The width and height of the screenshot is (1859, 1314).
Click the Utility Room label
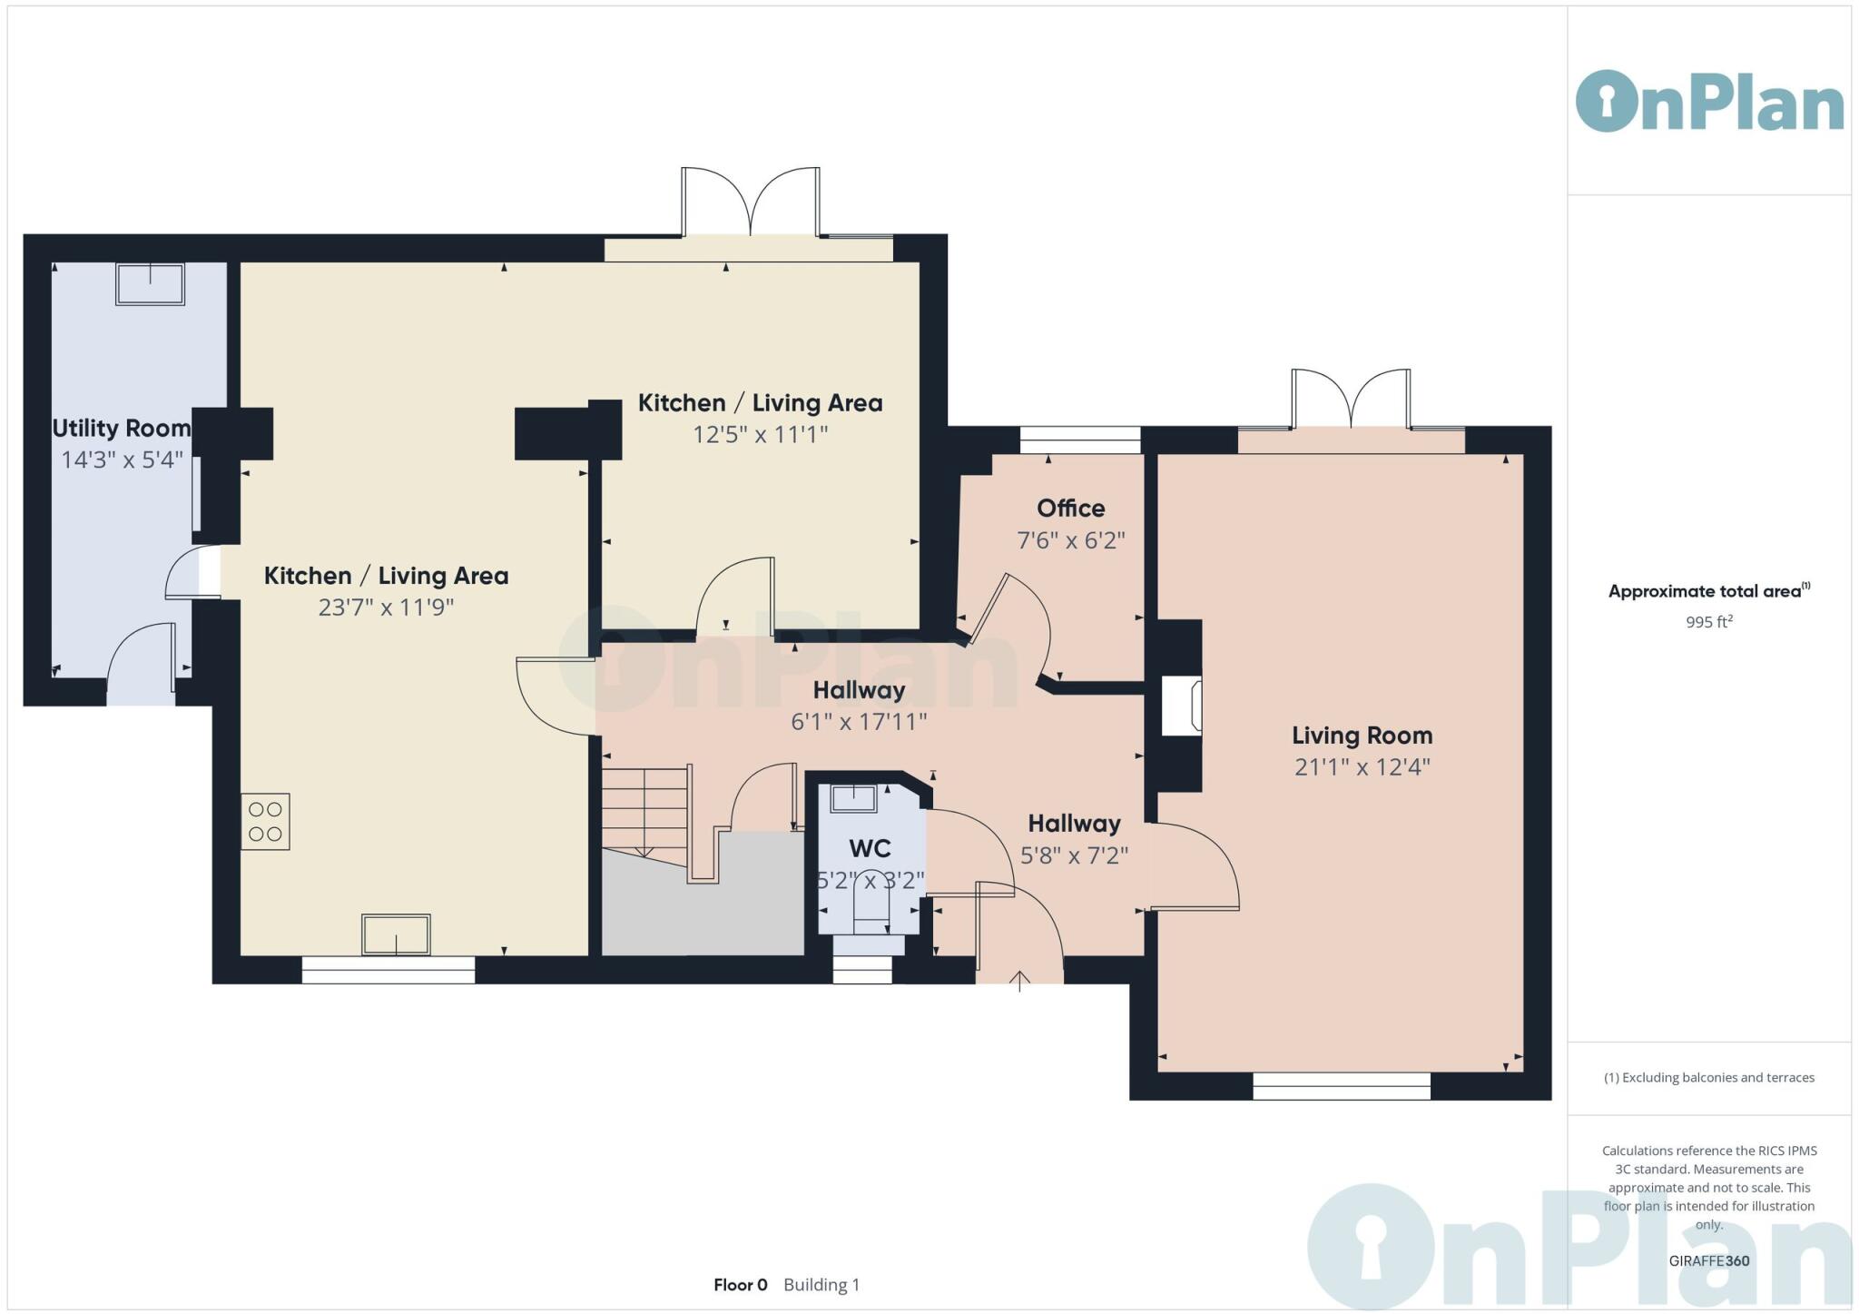pos(121,428)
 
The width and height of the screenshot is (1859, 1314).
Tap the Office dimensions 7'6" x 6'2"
pos(1070,540)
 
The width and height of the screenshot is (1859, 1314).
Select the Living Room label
pos(1362,736)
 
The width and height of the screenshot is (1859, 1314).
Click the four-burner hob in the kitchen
pos(265,822)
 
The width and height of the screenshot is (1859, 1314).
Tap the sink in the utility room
pos(150,283)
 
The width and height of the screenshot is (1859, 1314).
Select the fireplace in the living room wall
pos(1183,706)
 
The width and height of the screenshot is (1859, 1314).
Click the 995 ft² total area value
pos(1708,622)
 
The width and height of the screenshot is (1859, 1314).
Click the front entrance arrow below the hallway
pos(1019,981)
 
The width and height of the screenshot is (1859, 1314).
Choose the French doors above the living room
pos(1351,400)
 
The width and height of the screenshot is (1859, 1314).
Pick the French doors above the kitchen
pos(751,202)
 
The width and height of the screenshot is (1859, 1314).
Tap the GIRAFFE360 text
pos(1708,1260)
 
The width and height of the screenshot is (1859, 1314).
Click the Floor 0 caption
pos(740,1285)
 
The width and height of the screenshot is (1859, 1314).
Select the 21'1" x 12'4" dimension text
pos(1362,767)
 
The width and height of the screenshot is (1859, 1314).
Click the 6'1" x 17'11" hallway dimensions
pos(858,722)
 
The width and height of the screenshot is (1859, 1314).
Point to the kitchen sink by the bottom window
pos(396,934)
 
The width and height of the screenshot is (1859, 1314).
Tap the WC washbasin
pos(853,799)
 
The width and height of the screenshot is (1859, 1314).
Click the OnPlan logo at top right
pos(1708,102)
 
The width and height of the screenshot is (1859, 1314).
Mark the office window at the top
pos(1079,440)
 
